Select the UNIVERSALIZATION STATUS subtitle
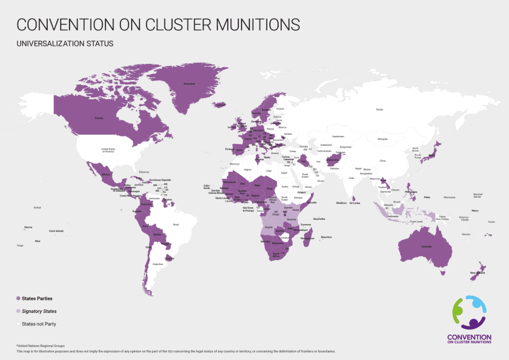pyautogui.click(x=65, y=44)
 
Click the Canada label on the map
pyautogui.click(x=98, y=117)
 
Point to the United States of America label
pyautogui.click(x=109, y=150)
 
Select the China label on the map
pyautogui.click(x=382, y=161)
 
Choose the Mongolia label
pyautogui.click(x=382, y=139)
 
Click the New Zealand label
pyautogui.click(x=477, y=273)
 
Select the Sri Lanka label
pyautogui.click(x=355, y=203)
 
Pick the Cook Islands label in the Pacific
pyautogui.click(x=56, y=231)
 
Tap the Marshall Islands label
pyautogui.click(x=477, y=196)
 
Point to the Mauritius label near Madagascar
pyautogui.click(x=327, y=236)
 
